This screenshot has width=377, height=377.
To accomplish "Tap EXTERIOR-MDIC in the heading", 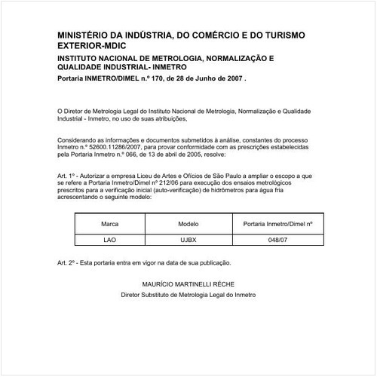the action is pyautogui.click(x=93, y=46).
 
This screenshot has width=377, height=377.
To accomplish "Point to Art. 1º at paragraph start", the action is pyautogui.click(x=67, y=173).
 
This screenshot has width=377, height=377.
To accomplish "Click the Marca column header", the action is pyautogui.click(x=110, y=225).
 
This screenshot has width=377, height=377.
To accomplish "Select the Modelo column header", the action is pyautogui.click(x=188, y=225).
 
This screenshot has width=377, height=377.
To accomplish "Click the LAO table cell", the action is pyautogui.click(x=110, y=241).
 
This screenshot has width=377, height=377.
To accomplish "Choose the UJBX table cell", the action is pyautogui.click(x=188, y=241).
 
